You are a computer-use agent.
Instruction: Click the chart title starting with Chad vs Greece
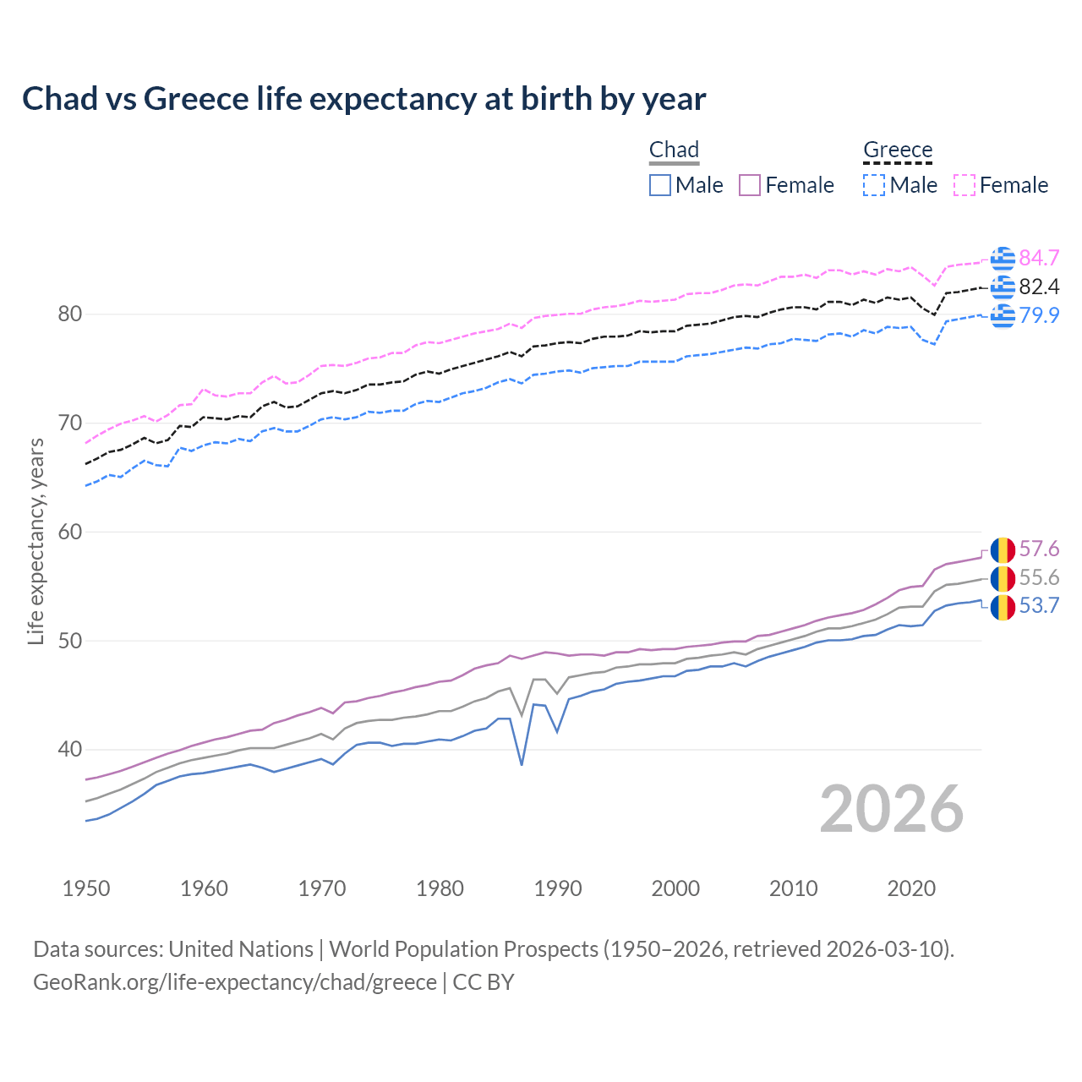coord(363,99)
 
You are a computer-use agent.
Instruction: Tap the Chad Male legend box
coord(660,185)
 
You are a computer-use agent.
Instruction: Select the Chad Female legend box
coord(751,185)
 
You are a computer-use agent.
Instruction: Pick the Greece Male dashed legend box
coord(874,185)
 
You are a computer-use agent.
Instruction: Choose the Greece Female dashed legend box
coord(965,185)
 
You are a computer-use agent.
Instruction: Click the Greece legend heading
coord(898,150)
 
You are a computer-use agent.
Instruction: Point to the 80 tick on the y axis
coord(70,314)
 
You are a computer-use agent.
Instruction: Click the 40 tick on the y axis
coord(70,750)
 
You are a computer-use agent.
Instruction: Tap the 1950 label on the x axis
coord(86,888)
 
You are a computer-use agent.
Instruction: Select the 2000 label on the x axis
coord(675,888)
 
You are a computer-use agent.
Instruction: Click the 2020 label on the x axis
coord(911,888)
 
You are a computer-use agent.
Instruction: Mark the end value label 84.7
coord(1039,258)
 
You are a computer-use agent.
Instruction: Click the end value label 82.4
coord(1039,287)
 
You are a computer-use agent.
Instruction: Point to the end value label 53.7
coord(1039,606)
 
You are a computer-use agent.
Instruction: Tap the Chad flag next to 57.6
coord(1003,549)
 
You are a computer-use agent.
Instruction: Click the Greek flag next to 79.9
coord(1003,315)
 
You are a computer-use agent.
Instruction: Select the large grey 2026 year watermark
coord(892,809)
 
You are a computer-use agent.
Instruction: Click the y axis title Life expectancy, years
coord(36,541)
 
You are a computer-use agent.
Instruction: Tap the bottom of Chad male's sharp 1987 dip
coord(522,764)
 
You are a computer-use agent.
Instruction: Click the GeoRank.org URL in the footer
coord(235,982)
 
